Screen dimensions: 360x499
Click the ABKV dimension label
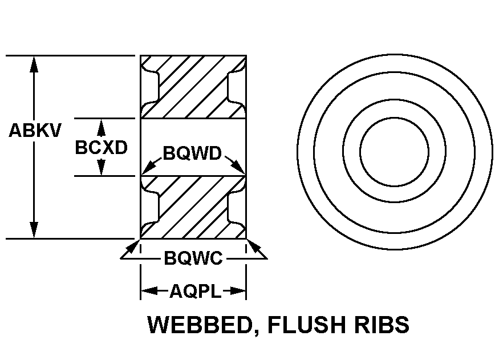[x=34, y=131]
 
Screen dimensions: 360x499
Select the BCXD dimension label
[x=101, y=148]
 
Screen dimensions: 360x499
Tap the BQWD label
[x=192, y=153]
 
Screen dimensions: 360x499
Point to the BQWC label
[x=193, y=258]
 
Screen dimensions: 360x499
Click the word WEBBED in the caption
[x=197, y=325]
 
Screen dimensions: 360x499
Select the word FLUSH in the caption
[x=303, y=325]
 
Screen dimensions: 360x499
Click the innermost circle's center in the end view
[x=394, y=152]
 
